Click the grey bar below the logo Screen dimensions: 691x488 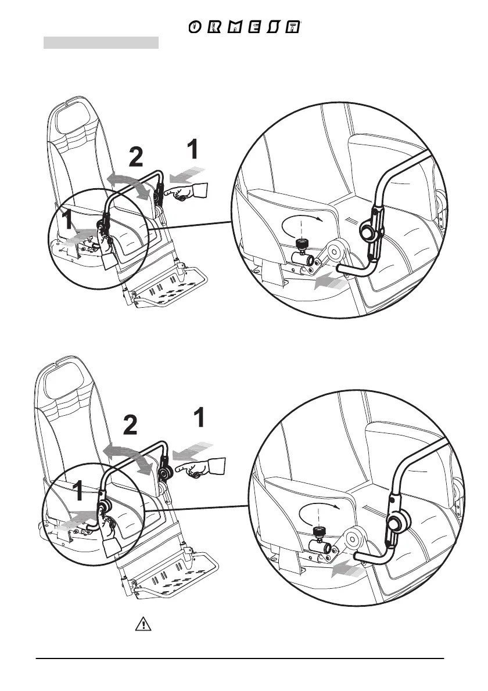pos(101,43)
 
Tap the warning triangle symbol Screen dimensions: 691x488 pos(142,624)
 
